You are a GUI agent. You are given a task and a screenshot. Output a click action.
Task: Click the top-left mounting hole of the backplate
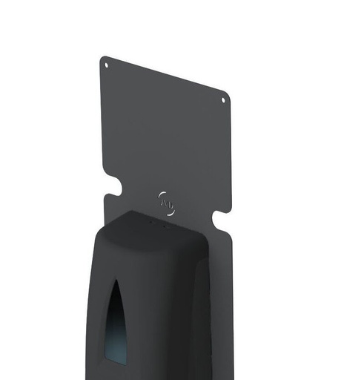point(106,65)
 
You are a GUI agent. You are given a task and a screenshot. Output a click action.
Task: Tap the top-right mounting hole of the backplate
point(223,99)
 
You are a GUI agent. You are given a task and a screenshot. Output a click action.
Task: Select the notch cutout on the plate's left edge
point(113,183)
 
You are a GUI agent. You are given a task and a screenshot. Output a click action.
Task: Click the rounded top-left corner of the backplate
point(103,59)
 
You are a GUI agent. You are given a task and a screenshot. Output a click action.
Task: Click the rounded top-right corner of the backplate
point(226,94)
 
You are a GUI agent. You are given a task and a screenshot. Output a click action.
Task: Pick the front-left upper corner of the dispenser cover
point(100,241)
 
